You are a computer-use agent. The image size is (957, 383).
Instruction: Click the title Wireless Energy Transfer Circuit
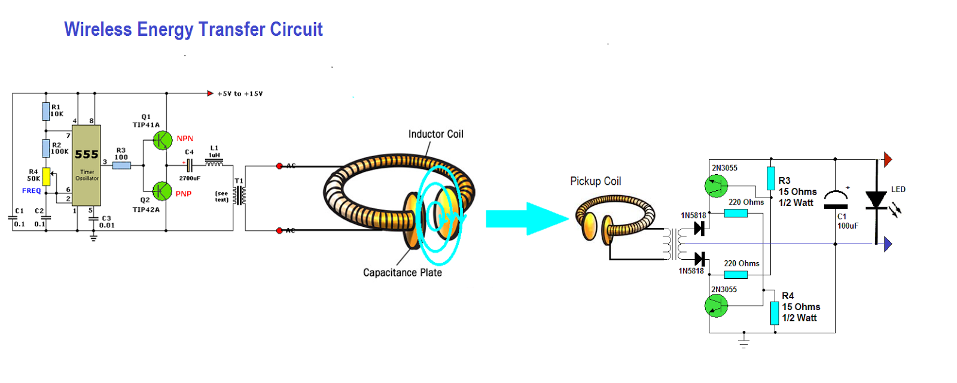pos(193,29)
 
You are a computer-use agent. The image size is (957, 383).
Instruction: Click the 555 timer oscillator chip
pos(86,165)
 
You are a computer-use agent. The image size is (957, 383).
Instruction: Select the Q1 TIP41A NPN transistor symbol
pos(162,141)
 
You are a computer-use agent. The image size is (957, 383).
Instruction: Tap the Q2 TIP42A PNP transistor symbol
pos(162,191)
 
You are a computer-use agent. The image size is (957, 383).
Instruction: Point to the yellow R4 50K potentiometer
pos(46,177)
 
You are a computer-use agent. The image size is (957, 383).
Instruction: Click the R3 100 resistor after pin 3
pos(121,165)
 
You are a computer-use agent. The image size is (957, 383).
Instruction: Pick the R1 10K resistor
pos(46,111)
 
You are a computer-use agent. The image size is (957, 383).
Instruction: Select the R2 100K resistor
pos(46,148)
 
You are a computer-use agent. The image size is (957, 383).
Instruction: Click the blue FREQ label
pos(32,191)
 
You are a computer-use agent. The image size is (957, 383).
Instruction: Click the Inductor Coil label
pos(435,134)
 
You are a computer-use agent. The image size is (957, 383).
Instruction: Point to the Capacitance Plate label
pos(402,273)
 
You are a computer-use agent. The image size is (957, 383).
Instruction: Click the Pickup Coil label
pos(595,181)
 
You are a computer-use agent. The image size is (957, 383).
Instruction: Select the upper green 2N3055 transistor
pos(716,186)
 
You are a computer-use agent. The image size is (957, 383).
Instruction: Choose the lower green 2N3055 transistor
pos(716,306)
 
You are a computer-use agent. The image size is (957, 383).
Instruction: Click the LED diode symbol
pos(876,199)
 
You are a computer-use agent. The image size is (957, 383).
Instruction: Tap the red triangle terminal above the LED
pos(888,160)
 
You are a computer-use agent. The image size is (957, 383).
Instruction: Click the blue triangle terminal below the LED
pos(888,244)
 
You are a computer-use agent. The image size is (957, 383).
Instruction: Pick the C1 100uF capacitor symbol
pos(836,200)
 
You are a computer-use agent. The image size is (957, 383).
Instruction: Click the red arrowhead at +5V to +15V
pos(210,93)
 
